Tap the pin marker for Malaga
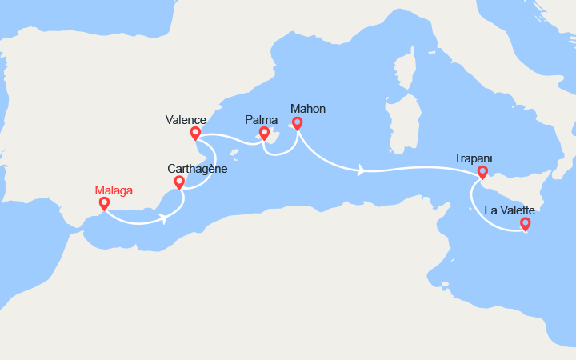(104, 203)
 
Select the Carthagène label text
(198, 169)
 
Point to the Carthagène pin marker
(179, 182)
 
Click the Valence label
(186, 120)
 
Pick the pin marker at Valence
(195, 133)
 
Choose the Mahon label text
(308, 109)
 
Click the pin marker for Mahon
(298, 123)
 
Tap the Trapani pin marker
(482, 171)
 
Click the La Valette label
(510, 210)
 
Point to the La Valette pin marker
(526, 224)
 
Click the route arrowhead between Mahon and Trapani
(362, 170)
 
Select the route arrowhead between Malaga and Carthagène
(164, 218)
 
